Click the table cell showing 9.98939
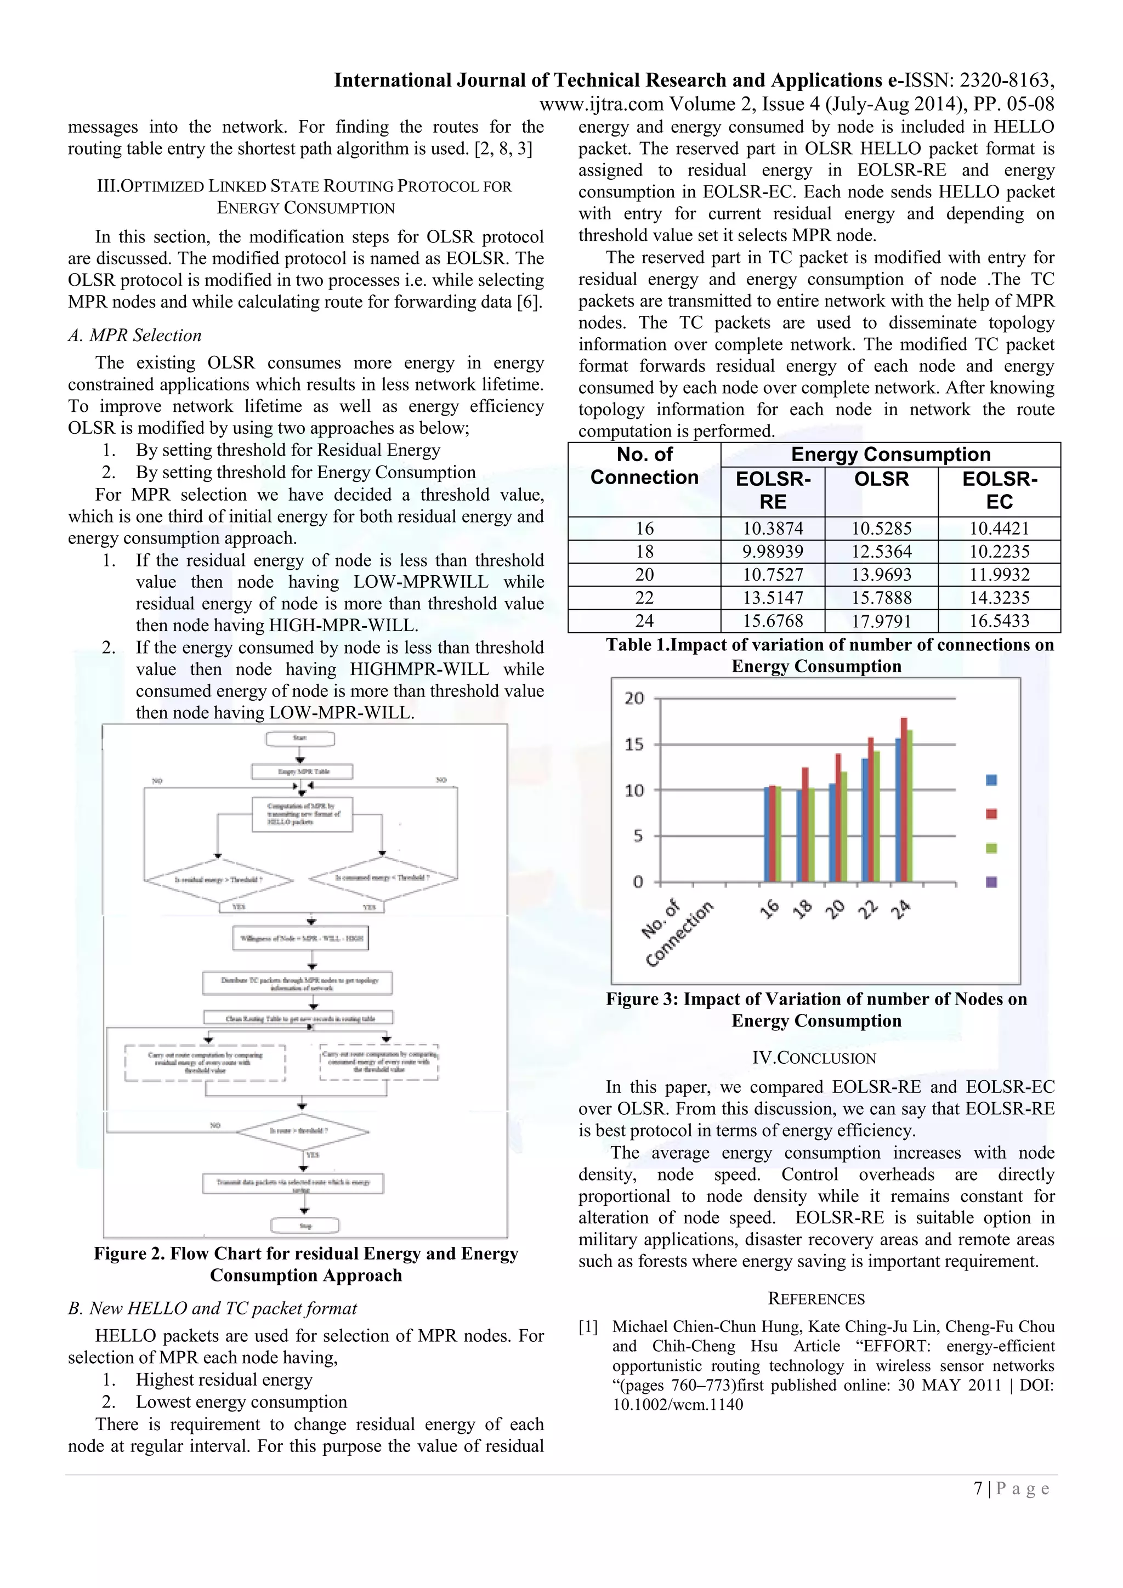(773, 551)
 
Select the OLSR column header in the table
(881, 479)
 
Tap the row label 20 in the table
(644, 575)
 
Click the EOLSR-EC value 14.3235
(999, 598)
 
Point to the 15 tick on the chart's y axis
(634, 744)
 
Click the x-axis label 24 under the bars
(901, 910)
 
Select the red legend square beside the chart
(991, 813)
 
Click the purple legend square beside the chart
(991, 882)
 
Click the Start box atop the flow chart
(300, 739)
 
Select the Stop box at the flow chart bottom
(305, 1226)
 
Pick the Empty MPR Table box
(303, 771)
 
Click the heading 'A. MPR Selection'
(135, 336)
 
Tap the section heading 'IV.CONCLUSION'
(815, 1058)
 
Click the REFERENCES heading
(816, 1298)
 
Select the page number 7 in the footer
(978, 1488)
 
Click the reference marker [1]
(588, 1326)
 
